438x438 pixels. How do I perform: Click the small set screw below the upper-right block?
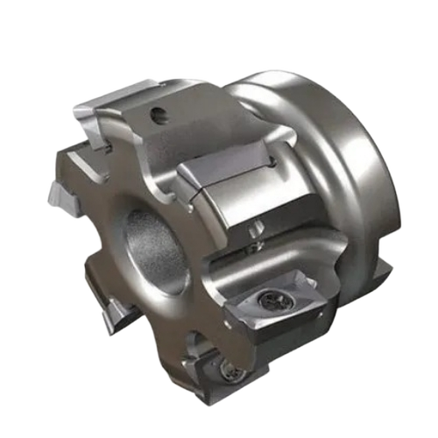(253, 229)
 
